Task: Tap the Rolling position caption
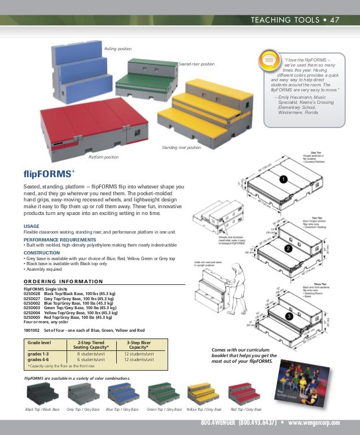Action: point(118,50)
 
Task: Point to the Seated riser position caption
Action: point(196,64)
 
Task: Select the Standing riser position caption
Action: point(181,147)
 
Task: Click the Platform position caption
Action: point(104,157)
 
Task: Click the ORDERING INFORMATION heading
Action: point(63,282)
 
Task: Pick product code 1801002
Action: point(32,330)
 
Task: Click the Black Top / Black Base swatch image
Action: point(42,393)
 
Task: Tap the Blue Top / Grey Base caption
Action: point(122,409)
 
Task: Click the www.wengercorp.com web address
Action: point(314,423)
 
